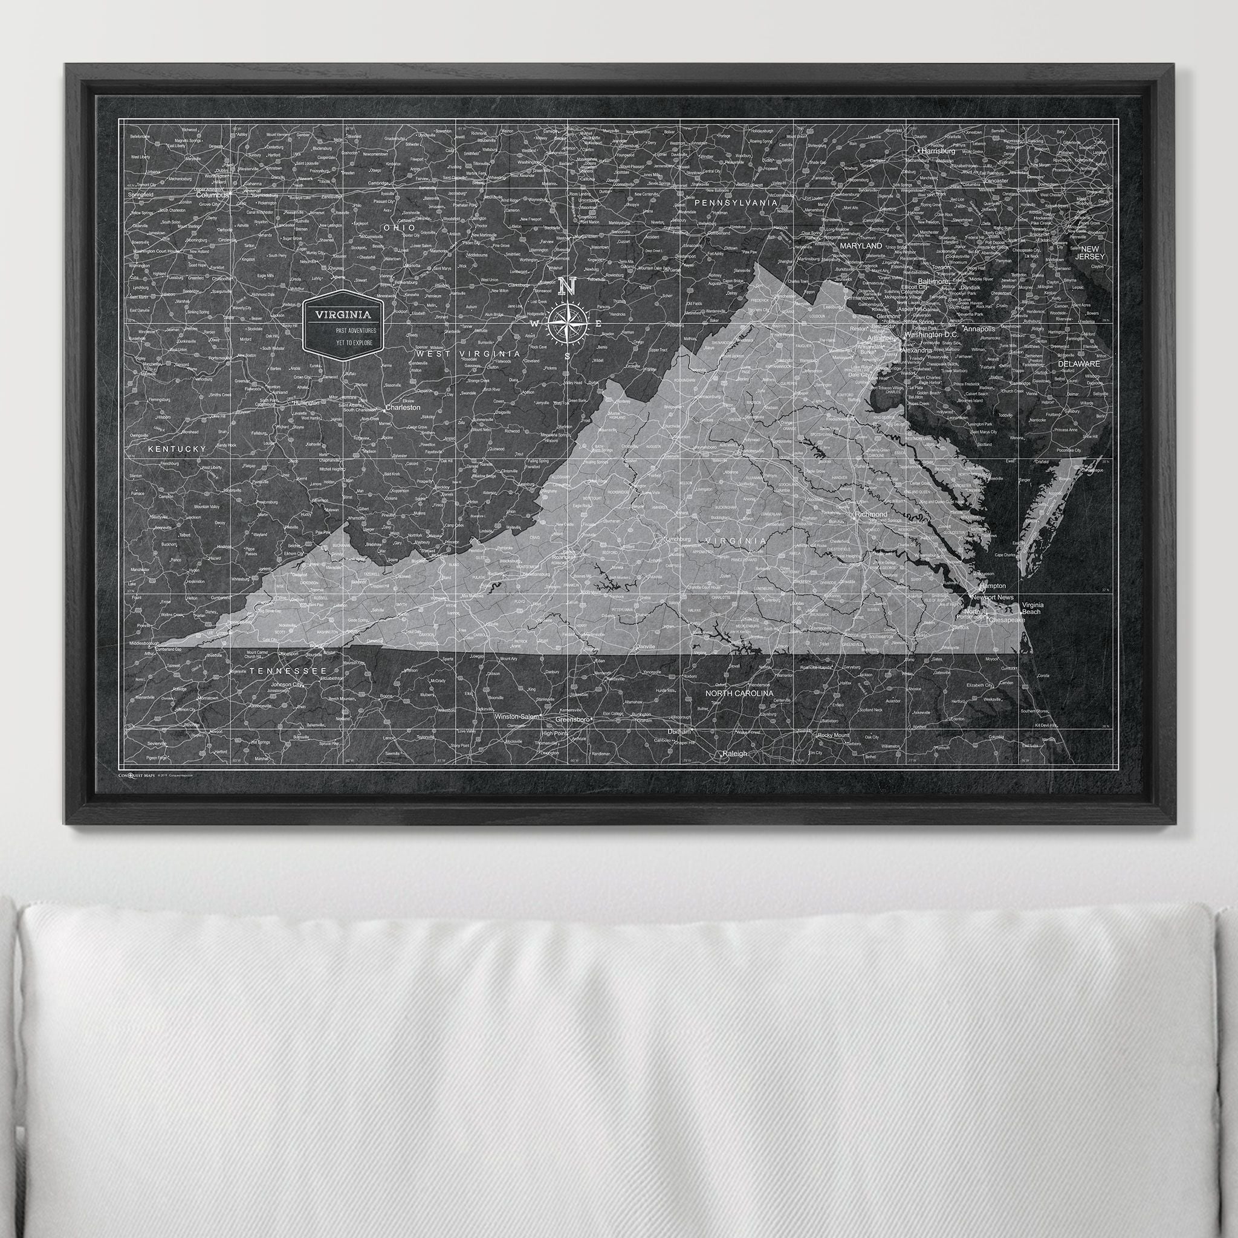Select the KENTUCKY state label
tap(177, 449)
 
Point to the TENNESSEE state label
tap(288, 670)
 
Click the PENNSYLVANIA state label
tap(736, 203)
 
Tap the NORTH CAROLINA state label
tap(739, 693)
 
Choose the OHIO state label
tap(398, 227)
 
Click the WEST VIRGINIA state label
tap(468, 354)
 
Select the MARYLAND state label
tap(861, 245)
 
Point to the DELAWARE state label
tap(1078, 363)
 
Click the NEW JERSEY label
tap(1090, 253)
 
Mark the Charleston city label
tap(403, 407)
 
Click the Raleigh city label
tap(734, 754)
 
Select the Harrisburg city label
tap(938, 151)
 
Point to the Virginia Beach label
tap(1032, 608)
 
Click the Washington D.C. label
tap(931, 334)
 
